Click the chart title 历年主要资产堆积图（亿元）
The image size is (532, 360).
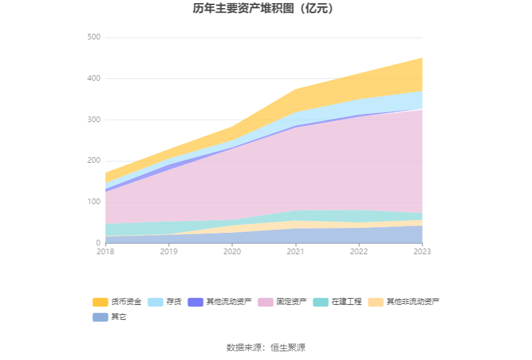(266, 9)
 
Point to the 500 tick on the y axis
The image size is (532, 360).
(93, 38)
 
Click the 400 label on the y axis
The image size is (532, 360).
(93, 79)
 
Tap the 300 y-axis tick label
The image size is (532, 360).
(93, 120)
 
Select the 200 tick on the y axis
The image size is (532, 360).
(93, 161)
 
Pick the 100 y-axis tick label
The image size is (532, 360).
(93, 202)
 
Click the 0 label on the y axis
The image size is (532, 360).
(98, 243)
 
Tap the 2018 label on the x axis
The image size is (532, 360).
(106, 251)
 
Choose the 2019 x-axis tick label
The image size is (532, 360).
(169, 251)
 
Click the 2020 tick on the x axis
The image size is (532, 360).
(232, 251)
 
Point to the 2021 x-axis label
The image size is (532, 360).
(295, 251)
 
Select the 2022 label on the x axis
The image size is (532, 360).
(359, 251)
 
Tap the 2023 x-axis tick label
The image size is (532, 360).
(422, 251)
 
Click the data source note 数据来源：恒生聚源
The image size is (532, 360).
(266, 347)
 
